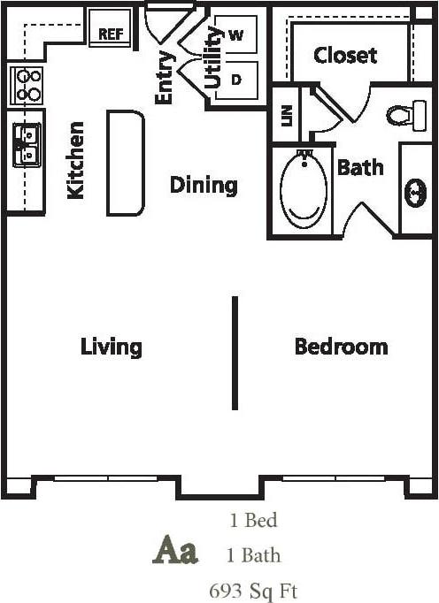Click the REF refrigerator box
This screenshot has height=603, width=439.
pos(111,34)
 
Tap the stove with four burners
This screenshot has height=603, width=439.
pos(27,85)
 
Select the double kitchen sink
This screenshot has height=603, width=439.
pos(26,145)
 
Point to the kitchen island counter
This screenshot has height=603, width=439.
pos(126,163)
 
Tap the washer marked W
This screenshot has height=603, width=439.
pos(235,35)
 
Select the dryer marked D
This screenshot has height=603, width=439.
pos(235,79)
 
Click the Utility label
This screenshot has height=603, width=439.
pos(212,57)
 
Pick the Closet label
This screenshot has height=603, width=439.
pos(346,55)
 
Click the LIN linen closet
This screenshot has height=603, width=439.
pos(286,116)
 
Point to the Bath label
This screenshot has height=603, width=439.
pos(360,166)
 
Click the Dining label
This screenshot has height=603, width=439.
pos(204,185)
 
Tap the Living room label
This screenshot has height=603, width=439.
pos(112,346)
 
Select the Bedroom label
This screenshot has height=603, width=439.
pos(341,346)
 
